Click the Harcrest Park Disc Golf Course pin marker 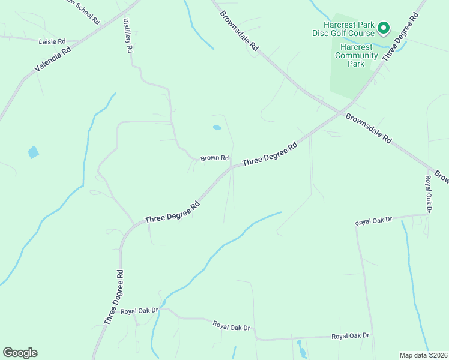pyautogui.click(x=382, y=28)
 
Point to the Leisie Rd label pyautogui.click(x=52, y=41)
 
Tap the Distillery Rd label pyautogui.click(x=127, y=36)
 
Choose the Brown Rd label pyautogui.click(x=215, y=158)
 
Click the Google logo pyautogui.click(x=20, y=353)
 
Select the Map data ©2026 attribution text pyautogui.click(x=424, y=355)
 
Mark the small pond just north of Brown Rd pyautogui.click(x=217, y=127)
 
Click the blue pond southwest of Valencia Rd pyautogui.click(x=33, y=152)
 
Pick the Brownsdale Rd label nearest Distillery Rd pyautogui.click(x=239, y=29)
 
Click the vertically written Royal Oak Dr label pyautogui.click(x=429, y=194)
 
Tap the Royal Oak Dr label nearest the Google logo pyautogui.click(x=139, y=311)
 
